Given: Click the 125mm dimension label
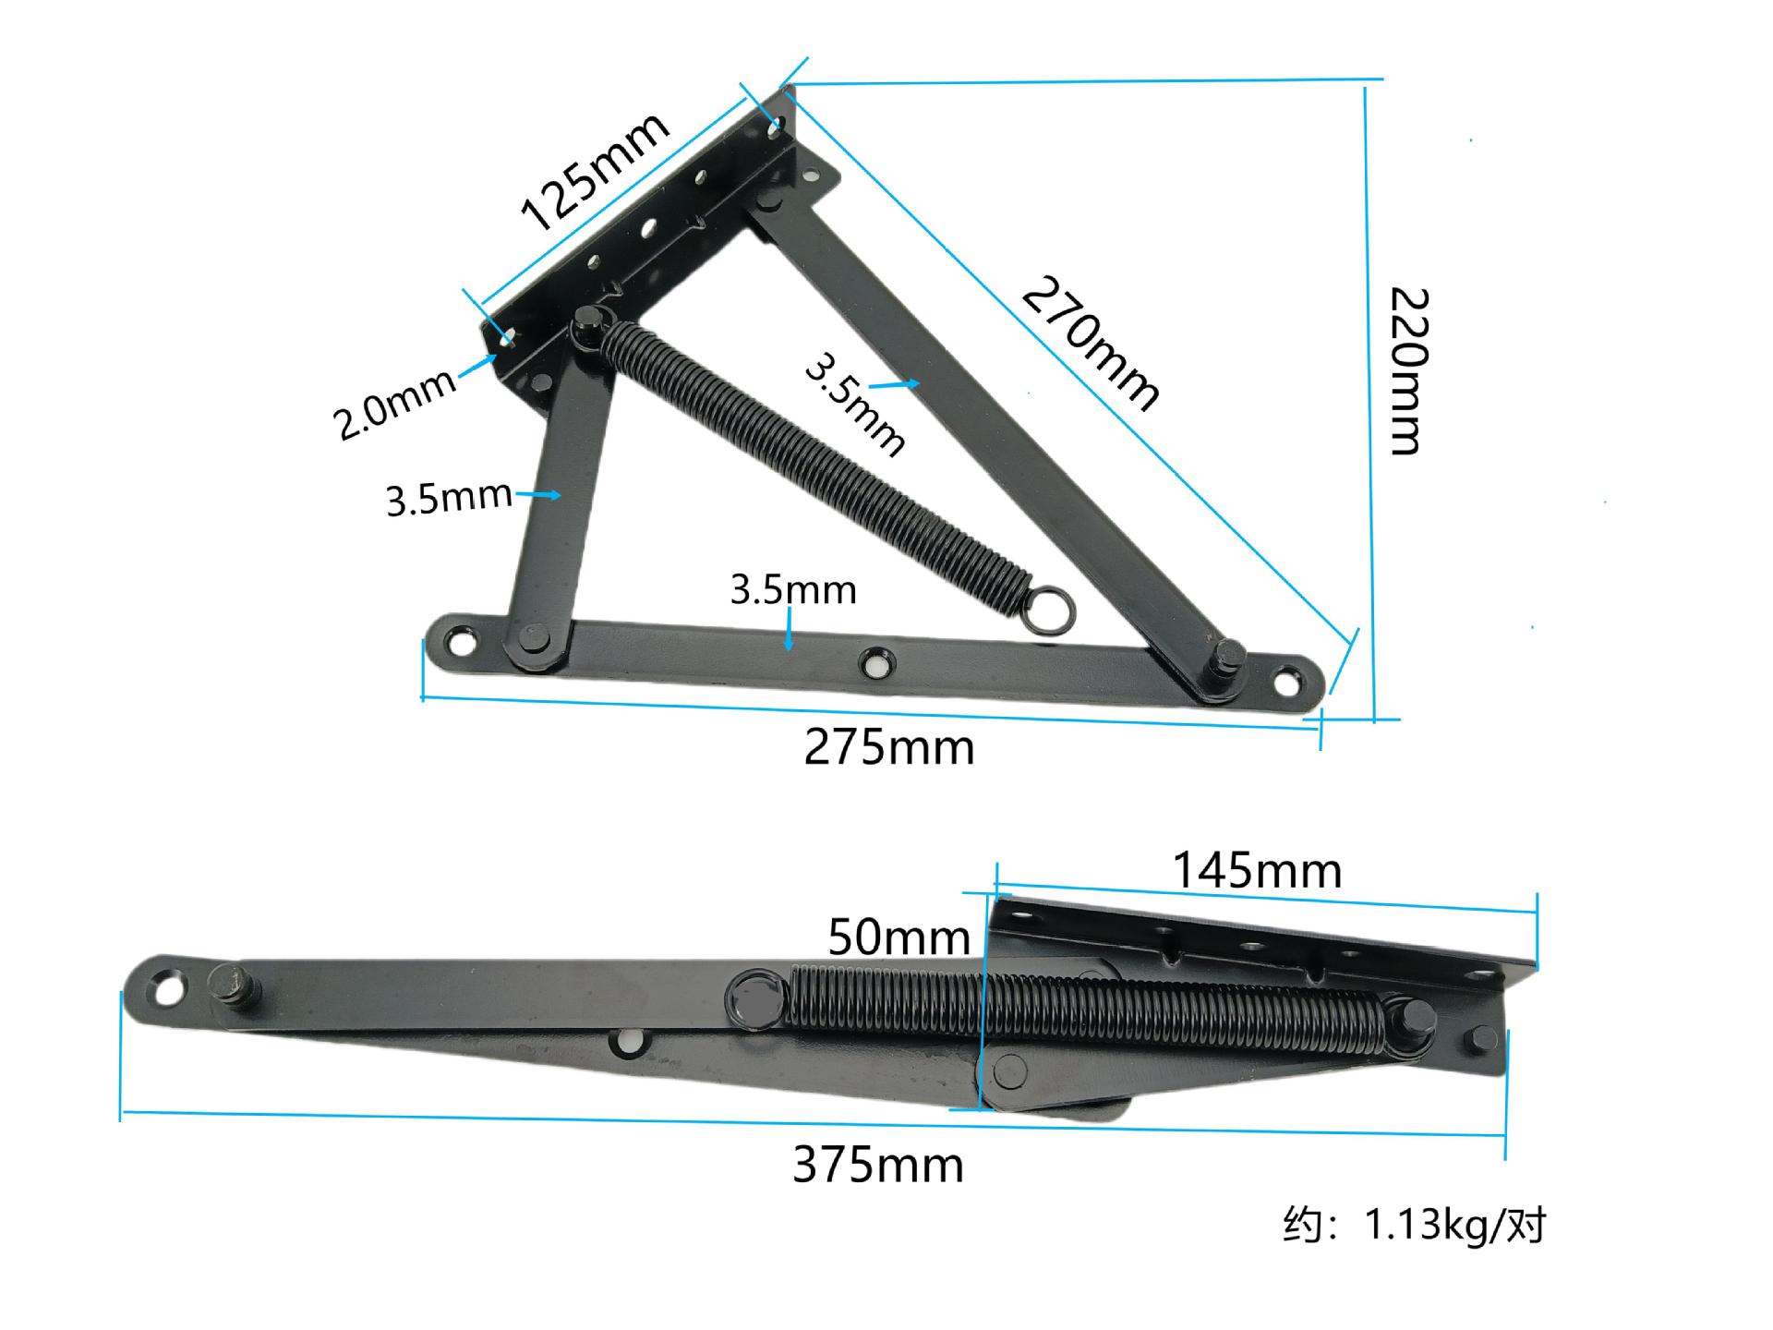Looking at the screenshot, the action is click(595, 172).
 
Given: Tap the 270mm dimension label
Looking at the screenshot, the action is click(1091, 343).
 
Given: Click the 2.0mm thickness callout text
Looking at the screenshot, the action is click(394, 404).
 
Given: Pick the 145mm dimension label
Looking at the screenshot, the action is click(1257, 871).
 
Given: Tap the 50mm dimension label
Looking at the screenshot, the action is click(899, 937).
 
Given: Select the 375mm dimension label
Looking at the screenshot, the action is click(878, 1166).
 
